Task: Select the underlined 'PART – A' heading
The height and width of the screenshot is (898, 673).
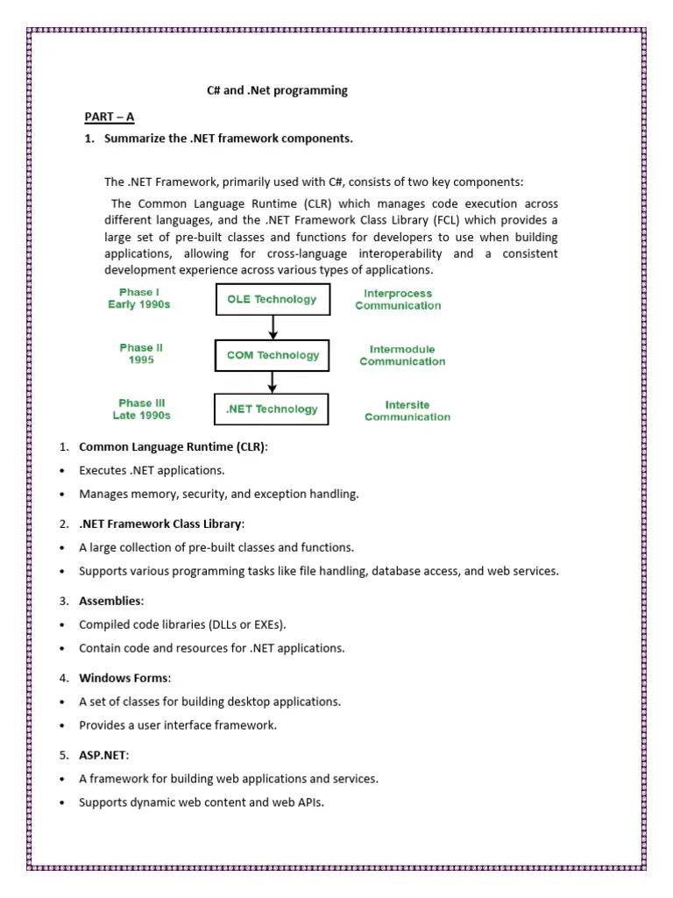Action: coord(109,117)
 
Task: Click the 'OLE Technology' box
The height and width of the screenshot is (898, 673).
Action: coord(273,299)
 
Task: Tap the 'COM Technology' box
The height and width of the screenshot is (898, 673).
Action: coord(273,355)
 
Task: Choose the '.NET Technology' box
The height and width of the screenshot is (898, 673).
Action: coord(273,409)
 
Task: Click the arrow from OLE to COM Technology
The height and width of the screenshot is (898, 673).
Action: coord(273,327)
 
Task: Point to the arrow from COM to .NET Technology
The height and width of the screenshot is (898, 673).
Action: coord(273,381)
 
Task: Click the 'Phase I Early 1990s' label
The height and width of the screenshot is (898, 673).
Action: coord(140,298)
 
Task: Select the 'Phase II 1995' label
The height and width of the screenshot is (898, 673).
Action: coord(141,353)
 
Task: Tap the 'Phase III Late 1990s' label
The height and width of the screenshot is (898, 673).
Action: coord(141,409)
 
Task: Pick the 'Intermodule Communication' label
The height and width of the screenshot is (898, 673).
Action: coord(402,355)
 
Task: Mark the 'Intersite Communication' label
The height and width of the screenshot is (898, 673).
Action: coord(407,410)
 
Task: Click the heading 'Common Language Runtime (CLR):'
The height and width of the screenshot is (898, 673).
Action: coord(174,447)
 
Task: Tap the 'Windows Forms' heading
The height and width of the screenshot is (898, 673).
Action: coord(125,678)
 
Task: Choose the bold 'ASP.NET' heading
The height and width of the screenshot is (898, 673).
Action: coord(104,755)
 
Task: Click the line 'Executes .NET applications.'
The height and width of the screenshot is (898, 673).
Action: coord(152,471)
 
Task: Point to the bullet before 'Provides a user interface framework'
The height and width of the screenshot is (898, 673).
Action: coord(63,726)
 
